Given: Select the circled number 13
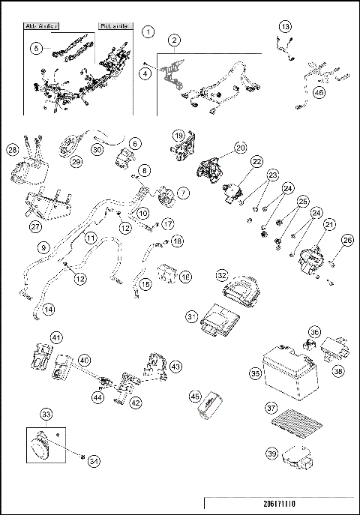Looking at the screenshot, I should point(284,26).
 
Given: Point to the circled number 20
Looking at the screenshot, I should point(240,148).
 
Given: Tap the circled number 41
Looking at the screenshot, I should point(35,337).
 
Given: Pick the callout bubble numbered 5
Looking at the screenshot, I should point(35,47).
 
